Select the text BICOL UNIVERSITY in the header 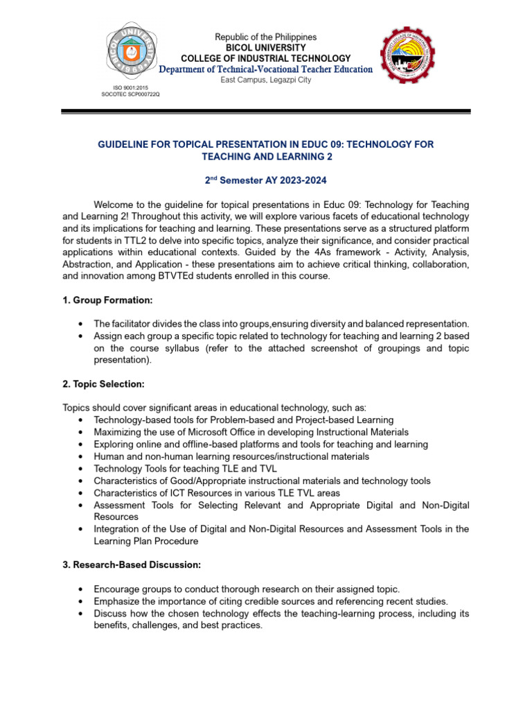(265, 47)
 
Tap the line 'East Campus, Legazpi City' (265, 80)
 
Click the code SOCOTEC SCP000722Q (130, 94)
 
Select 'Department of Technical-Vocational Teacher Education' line (265, 69)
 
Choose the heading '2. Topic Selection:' (103, 383)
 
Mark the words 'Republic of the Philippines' (265, 37)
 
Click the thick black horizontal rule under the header (265, 111)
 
